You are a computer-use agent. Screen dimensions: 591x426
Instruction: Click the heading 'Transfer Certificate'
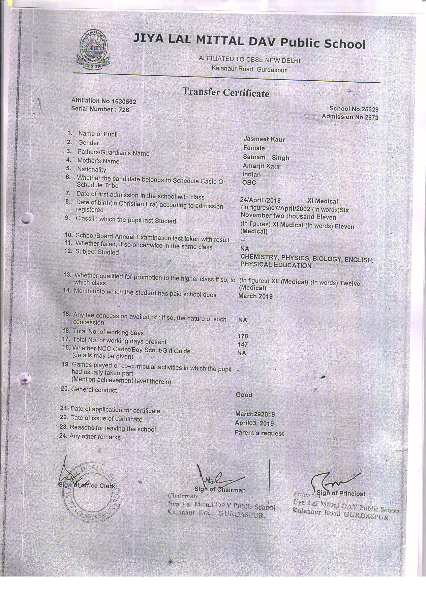point(225,92)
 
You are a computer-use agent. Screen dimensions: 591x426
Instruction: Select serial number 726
point(123,109)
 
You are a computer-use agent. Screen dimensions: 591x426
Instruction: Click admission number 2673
point(370,117)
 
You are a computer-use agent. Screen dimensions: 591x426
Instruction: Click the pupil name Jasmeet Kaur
point(264,139)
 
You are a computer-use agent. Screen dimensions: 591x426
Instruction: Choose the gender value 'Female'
point(254,148)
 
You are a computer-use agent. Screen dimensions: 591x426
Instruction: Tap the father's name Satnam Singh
point(266,157)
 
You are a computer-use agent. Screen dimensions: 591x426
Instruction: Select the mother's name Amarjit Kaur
point(262,166)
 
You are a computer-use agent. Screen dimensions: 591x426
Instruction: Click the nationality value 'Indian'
point(251,174)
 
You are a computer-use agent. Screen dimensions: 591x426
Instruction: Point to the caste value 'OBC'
point(249,183)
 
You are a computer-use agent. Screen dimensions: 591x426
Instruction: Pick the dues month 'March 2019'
point(255,296)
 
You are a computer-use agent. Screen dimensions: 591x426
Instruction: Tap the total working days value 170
point(243,336)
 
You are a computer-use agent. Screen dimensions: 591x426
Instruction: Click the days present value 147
point(242,345)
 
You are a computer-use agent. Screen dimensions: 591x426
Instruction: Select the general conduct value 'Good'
point(244,395)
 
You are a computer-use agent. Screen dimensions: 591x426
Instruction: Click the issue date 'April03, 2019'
point(254,423)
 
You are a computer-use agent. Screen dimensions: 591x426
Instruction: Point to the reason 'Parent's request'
point(259,433)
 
